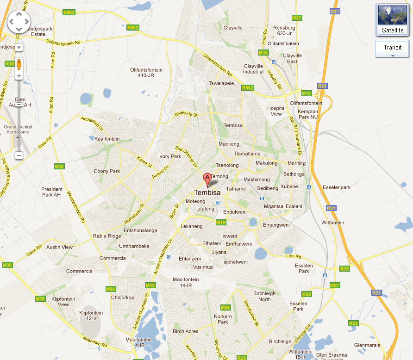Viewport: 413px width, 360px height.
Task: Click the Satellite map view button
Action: (x=393, y=20)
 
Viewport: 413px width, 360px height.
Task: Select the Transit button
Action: (x=392, y=47)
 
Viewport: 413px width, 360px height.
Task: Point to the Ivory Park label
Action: (x=169, y=156)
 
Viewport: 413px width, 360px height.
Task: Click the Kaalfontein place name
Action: (x=107, y=139)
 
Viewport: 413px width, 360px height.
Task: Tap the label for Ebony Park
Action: (x=107, y=171)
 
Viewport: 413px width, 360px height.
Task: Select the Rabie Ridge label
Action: (x=107, y=236)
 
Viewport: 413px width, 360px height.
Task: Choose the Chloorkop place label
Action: (x=122, y=298)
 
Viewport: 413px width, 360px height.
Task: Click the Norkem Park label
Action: (x=223, y=319)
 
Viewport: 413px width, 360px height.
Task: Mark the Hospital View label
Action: (x=276, y=111)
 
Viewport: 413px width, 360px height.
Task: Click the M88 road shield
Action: (x=225, y=307)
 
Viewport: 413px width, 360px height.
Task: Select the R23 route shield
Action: (x=353, y=323)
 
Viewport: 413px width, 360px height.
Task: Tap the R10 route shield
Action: (x=9, y=63)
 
